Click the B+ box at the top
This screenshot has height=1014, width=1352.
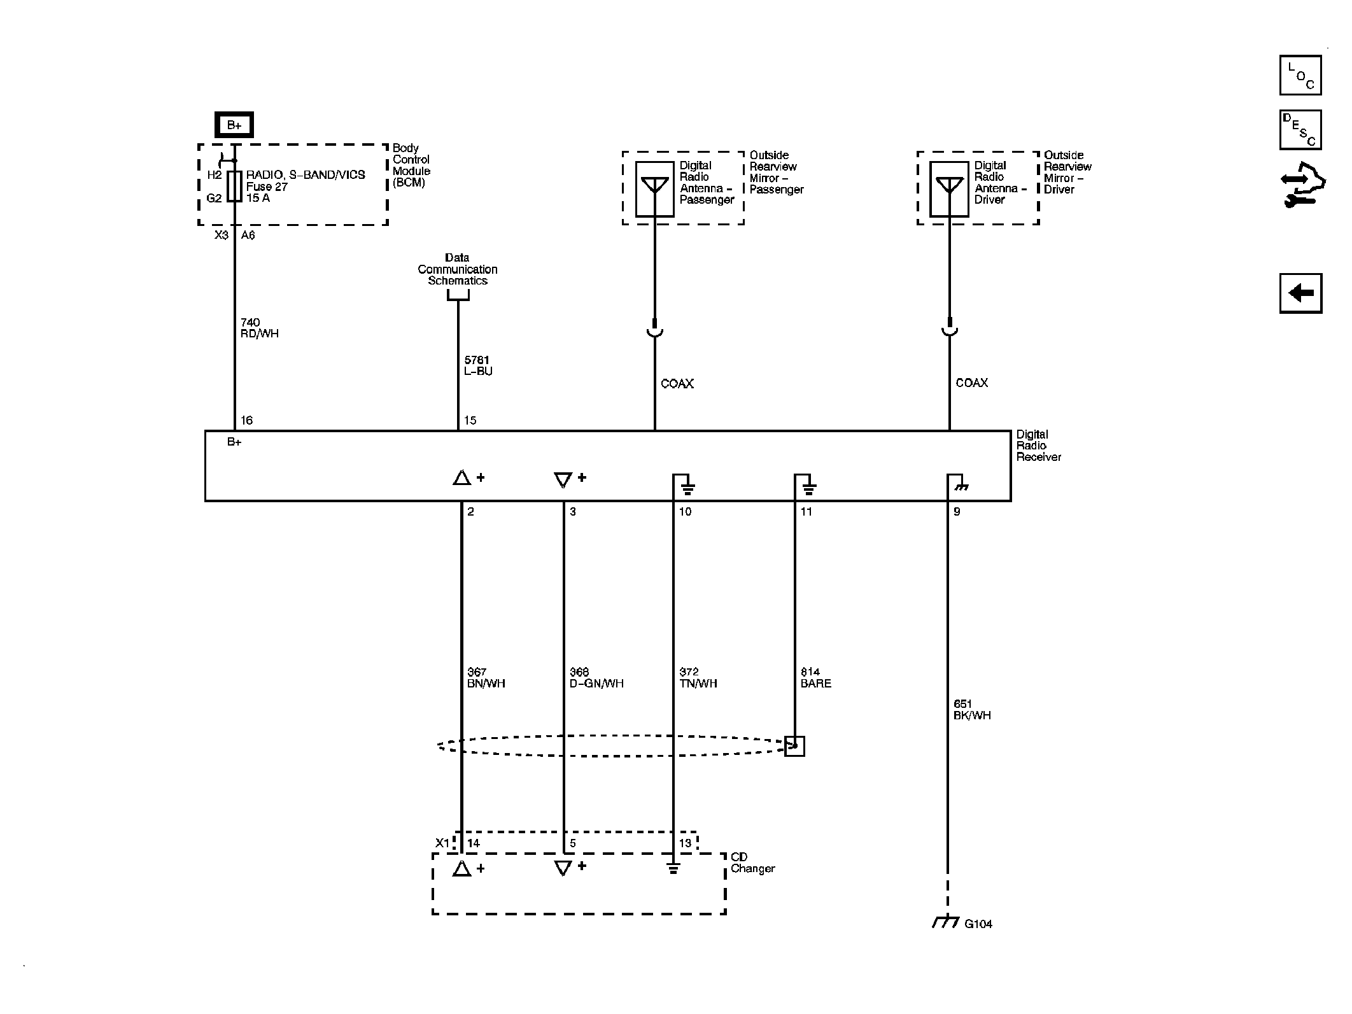tap(234, 125)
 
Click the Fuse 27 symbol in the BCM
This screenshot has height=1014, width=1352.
tap(234, 186)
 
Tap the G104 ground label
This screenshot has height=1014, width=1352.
tap(978, 924)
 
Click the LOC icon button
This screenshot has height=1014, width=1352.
tap(1300, 75)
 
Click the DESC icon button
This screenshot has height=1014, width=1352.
tap(1300, 130)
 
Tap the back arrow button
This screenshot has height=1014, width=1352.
tap(1300, 293)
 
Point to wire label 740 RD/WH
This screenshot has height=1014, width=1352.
tap(259, 328)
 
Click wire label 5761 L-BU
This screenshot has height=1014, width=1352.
tap(477, 365)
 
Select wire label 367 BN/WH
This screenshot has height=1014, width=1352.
tap(486, 677)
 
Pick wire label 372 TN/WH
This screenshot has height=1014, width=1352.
tap(698, 677)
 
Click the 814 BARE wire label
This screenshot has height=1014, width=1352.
tap(815, 677)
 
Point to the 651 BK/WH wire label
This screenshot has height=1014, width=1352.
tap(972, 709)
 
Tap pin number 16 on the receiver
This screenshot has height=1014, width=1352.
tap(246, 420)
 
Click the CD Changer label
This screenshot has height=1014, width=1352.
tap(752, 863)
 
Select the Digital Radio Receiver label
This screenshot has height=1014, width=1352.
tap(1038, 446)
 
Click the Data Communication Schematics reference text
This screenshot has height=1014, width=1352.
tap(457, 269)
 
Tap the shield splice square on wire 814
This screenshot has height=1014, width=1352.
tap(794, 746)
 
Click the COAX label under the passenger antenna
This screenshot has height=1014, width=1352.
tap(677, 384)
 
